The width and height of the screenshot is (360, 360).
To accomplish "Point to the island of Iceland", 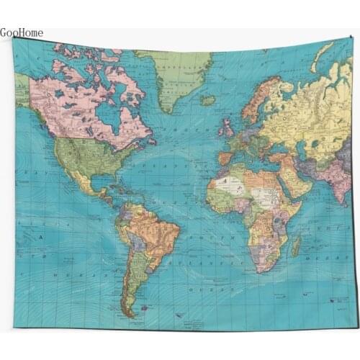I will tap(208, 101).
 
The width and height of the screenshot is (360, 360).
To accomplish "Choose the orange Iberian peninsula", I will tap(225, 158).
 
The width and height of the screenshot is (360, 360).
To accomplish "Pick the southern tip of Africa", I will tap(260, 270).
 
